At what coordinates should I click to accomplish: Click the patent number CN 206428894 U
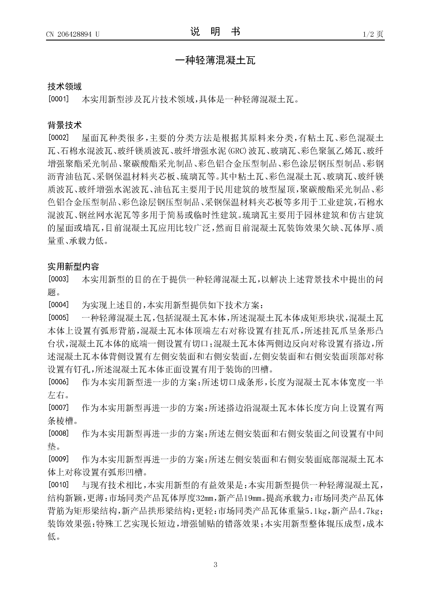72,34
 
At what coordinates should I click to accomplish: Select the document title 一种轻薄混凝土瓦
215,60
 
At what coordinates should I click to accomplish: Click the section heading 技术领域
64,86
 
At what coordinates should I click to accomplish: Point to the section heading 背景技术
64,125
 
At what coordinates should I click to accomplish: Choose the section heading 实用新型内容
73,266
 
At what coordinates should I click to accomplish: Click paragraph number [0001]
58,99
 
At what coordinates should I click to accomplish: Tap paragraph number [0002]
58,138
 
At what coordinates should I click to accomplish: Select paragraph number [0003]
58,279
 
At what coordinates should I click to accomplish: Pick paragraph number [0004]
58,305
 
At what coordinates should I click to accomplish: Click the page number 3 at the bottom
215,565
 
